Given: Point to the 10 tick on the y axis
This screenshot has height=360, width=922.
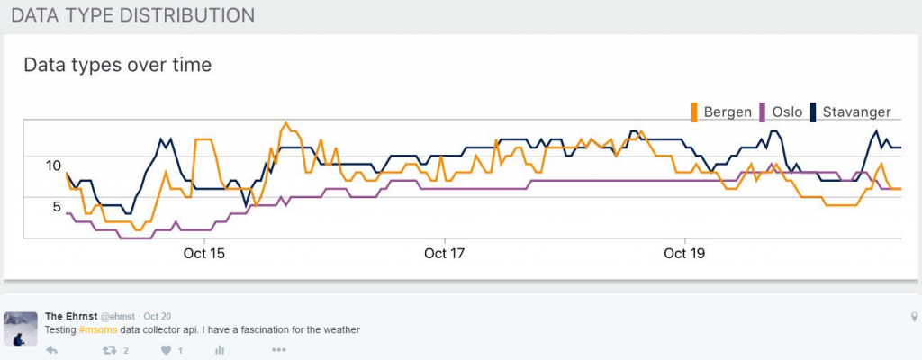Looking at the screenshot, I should tap(52, 166).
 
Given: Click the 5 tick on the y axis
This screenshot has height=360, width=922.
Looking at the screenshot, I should tap(57, 206).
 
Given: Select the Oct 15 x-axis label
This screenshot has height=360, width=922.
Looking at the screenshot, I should tap(204, 254).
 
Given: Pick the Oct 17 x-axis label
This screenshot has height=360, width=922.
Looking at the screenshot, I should tap(445, 254).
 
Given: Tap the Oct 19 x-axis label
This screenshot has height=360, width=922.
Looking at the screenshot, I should tap(685, 254).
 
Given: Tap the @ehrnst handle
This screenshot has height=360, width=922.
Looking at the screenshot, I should tap(117, 316).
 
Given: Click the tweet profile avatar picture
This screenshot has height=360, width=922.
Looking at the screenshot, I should tap(21, 328).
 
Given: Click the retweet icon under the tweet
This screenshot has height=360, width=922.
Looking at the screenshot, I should tap(111, 349).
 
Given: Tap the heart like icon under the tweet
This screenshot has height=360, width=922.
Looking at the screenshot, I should tap(165, 349).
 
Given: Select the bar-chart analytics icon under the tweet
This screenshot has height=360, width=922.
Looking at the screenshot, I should tap(220, 349).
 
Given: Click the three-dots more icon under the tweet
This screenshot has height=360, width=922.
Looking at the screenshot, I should tap(278, 349).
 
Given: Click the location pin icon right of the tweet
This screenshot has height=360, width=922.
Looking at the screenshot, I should tap(914, 317).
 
